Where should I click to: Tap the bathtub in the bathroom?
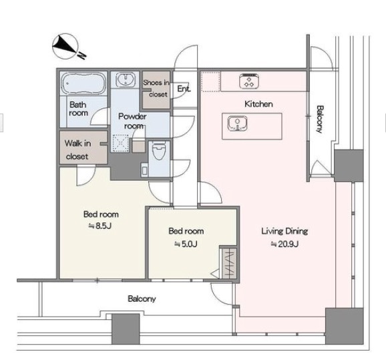click(83, 83)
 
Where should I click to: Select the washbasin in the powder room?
click(126, 79)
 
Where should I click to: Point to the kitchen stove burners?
click(249, 81)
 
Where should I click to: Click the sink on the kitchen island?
click(237, 124)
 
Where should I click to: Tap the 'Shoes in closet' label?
click(156, 88)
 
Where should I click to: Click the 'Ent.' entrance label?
click(184, 89)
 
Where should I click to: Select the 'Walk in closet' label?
click(77, 150)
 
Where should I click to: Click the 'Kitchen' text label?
click(258, 104)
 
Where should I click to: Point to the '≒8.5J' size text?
click(100, 226)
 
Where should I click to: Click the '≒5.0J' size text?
click(186, 244)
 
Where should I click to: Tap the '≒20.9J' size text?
click(284, 244)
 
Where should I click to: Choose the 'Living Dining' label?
click(284, 231)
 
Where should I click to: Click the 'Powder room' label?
click(132, 121)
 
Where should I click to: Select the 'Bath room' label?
click(79, 109)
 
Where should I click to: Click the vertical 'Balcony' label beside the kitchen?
click(320, 119)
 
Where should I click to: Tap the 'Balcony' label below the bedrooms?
click(142, 299)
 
